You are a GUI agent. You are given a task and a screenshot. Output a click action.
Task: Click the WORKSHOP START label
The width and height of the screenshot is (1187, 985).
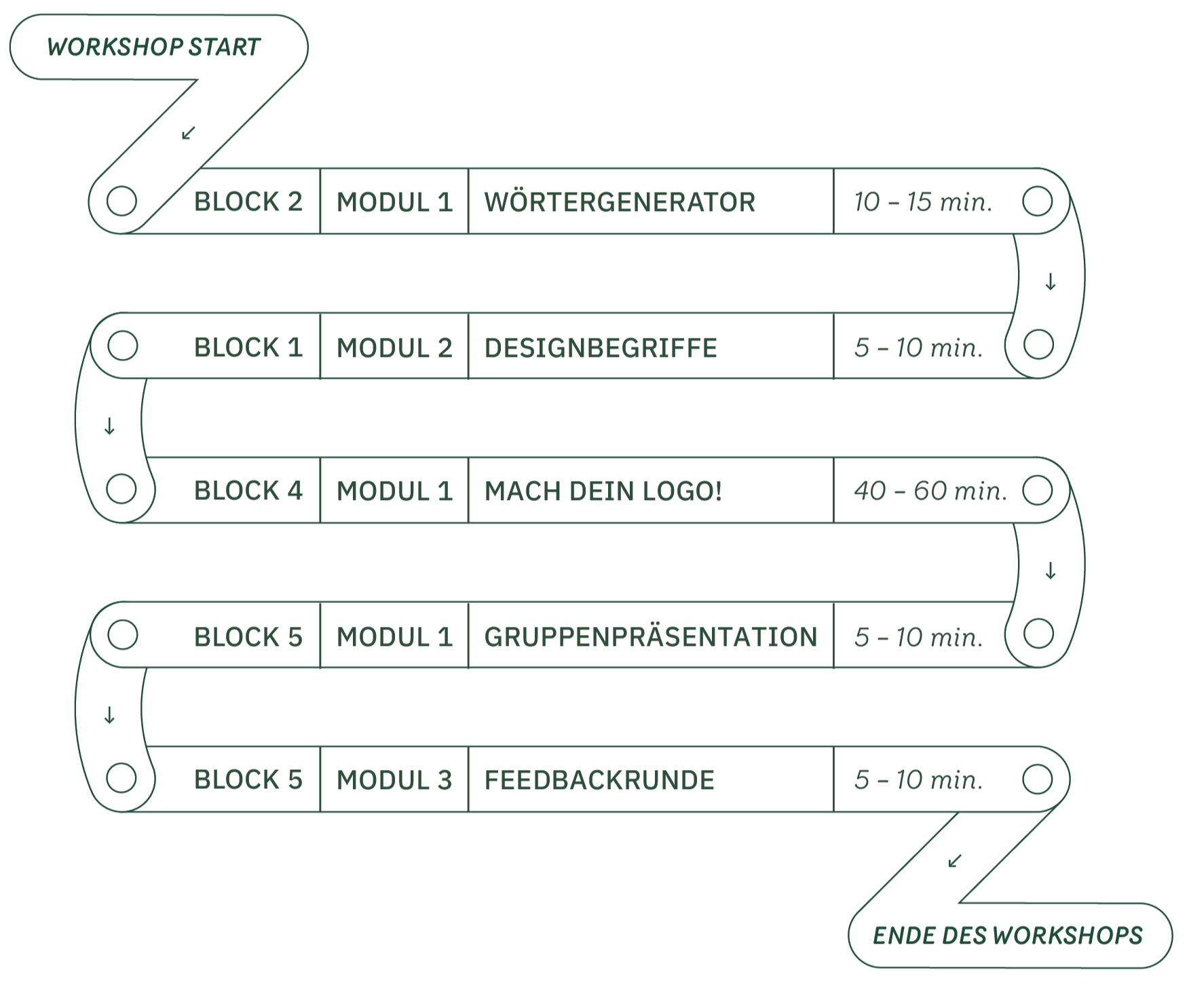154,47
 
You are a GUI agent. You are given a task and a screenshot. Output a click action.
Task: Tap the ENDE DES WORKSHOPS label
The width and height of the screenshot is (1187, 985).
1007,935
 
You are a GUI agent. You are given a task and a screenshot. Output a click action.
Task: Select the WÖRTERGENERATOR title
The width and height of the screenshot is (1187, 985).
620,202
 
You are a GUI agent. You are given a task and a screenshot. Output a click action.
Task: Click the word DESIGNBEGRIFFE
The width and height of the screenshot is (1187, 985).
601,348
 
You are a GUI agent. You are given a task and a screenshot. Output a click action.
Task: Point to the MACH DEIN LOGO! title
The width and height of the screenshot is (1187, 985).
603,491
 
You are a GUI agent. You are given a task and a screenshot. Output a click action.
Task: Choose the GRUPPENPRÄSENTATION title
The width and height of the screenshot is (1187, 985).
650,637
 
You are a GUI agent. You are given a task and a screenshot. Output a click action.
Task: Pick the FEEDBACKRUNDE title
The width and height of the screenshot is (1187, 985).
599,780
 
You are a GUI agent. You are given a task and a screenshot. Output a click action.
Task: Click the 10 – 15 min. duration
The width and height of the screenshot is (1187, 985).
923,202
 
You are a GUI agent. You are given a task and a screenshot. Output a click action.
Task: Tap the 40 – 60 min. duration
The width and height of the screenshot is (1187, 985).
930,491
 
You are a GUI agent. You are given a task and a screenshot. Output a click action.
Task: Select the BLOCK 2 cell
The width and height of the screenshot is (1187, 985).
248,202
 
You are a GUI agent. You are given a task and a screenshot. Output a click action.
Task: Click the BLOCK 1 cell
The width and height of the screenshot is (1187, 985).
248,348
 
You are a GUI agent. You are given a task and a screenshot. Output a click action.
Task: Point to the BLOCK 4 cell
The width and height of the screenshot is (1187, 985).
248,491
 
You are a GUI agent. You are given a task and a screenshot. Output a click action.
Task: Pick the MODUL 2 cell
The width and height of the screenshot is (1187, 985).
394,348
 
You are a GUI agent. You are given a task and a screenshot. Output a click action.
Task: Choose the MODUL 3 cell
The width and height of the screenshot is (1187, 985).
394,780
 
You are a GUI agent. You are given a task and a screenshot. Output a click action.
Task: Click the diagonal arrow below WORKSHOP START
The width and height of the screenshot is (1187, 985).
189,132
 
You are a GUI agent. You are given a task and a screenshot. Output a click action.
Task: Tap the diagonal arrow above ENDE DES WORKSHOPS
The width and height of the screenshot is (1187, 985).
955,861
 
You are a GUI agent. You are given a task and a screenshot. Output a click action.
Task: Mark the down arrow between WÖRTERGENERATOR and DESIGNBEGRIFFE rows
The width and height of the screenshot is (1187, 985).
1050,282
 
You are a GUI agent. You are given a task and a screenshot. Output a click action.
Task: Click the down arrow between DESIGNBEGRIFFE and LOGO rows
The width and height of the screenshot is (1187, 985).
109,426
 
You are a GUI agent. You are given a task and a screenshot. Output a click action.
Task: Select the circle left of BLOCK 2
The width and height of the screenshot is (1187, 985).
122,201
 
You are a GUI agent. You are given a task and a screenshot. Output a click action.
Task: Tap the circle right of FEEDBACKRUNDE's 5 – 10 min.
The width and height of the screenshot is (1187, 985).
1037,779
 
